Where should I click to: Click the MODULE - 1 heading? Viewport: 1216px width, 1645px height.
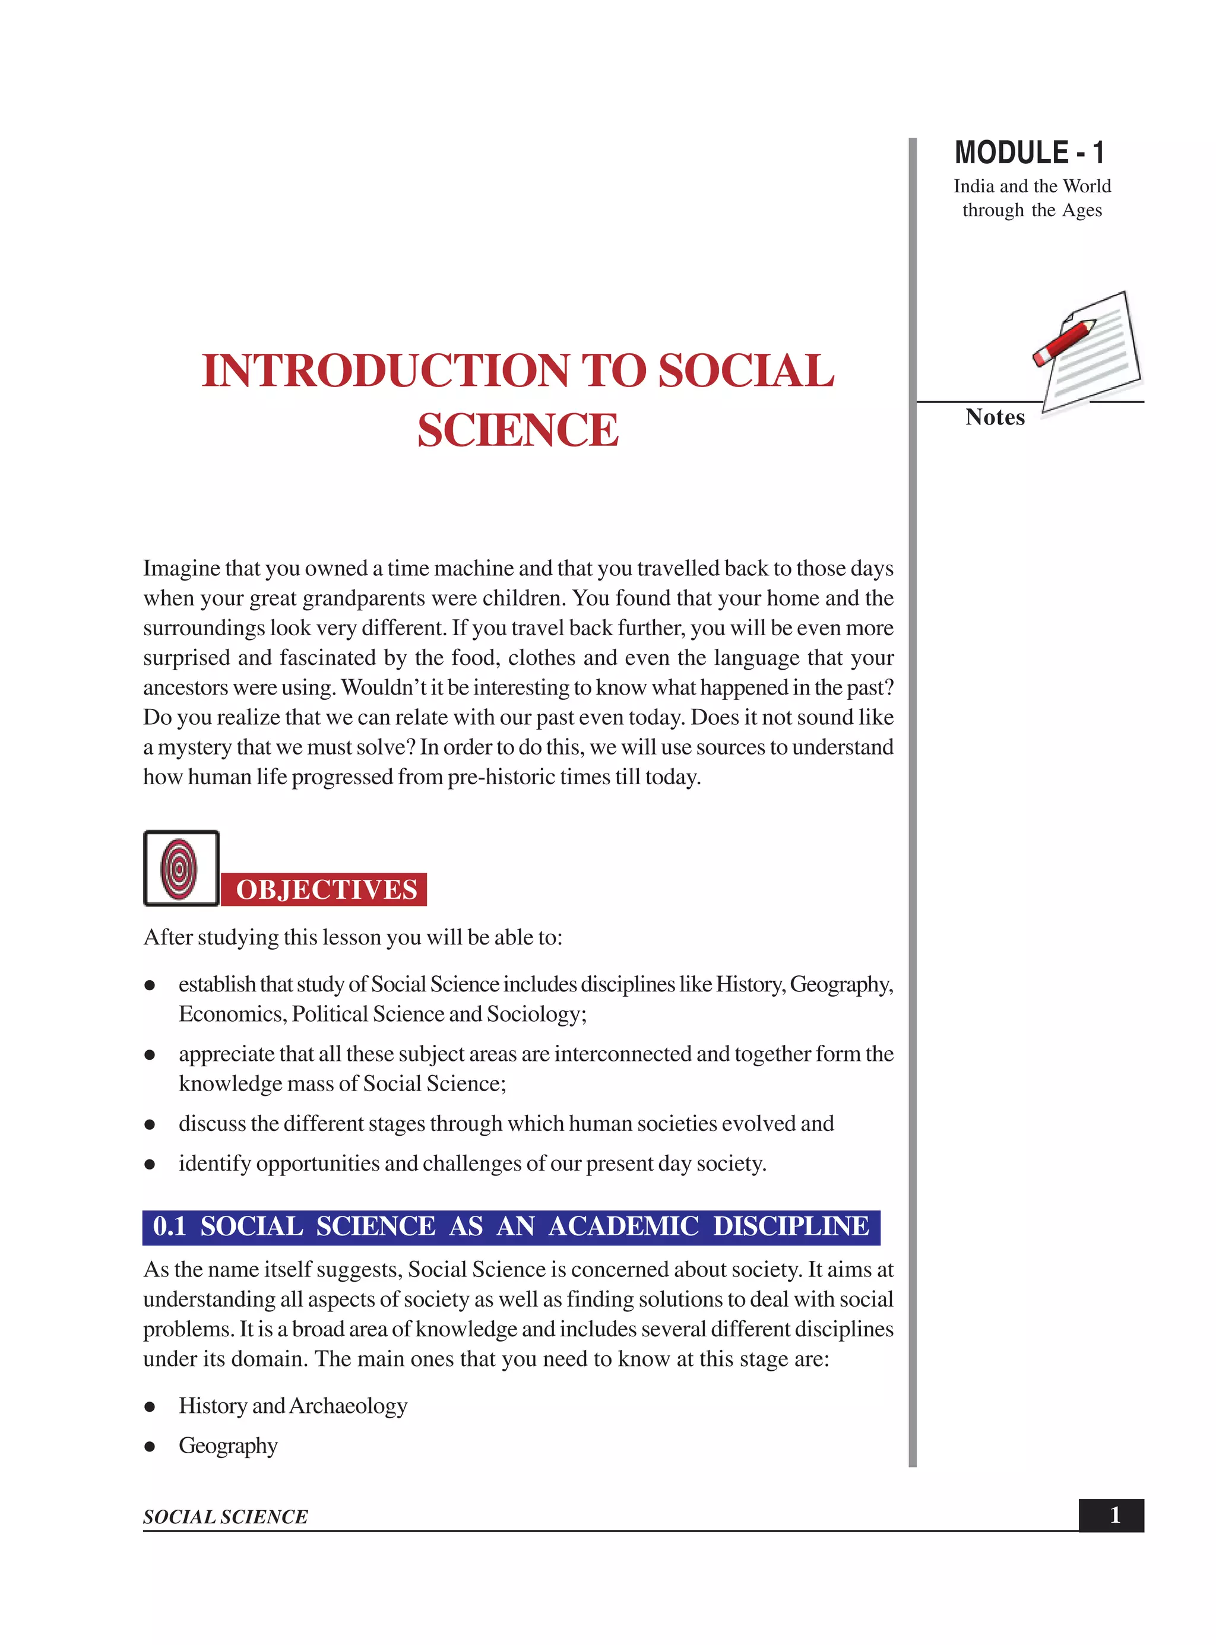1029,153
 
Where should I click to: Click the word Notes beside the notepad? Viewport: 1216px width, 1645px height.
995,417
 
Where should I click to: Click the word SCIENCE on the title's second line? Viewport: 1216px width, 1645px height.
518,430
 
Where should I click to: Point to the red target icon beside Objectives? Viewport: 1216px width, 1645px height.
179,869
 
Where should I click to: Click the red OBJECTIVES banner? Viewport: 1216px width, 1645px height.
325,890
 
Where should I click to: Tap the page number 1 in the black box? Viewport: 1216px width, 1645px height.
1114,1515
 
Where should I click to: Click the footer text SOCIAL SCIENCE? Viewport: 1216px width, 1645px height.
225,1517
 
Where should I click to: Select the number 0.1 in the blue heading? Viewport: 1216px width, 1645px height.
169,1226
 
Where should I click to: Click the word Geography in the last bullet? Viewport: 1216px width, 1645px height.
228,1446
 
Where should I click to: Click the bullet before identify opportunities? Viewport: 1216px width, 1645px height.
150,1164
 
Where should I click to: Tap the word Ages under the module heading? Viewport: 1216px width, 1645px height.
1081,211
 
